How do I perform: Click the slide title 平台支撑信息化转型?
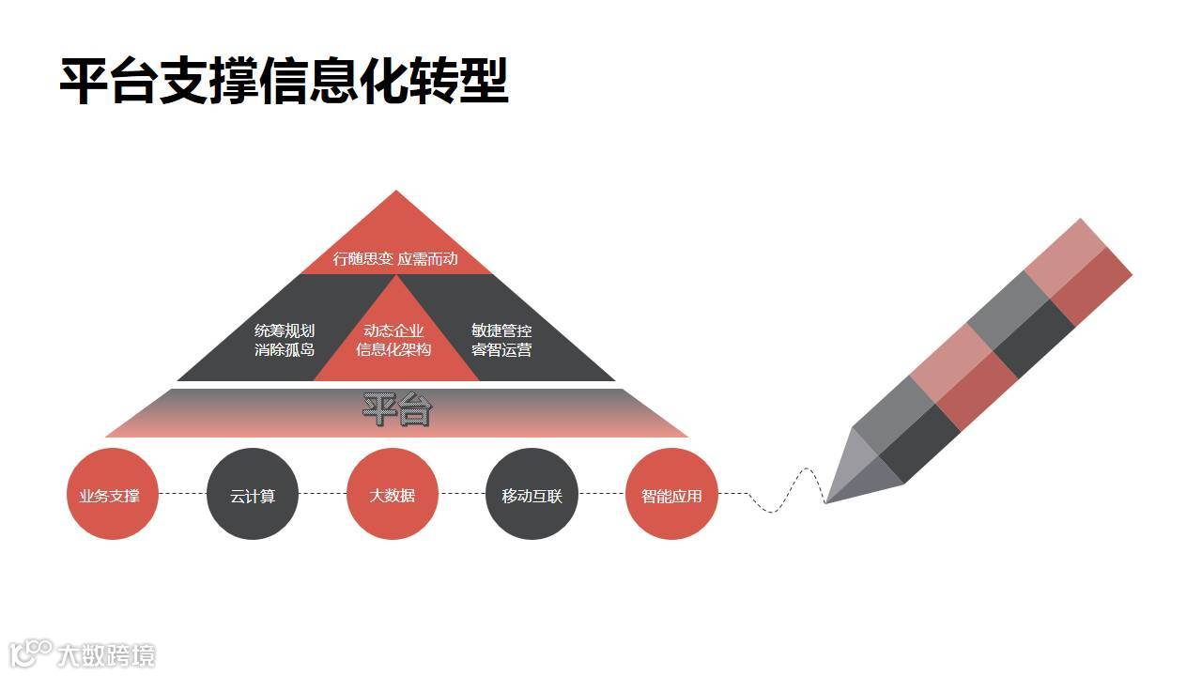284,82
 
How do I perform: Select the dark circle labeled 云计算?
253,495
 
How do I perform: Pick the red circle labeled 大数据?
393,494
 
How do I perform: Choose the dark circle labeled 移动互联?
532,495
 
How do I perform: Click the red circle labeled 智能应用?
671,494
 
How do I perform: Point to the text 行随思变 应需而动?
395,258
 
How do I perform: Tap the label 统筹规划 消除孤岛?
285,340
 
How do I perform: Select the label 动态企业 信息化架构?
393,340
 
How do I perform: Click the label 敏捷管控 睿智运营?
501,340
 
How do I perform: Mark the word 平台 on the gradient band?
397,410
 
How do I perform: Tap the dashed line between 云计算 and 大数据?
322,494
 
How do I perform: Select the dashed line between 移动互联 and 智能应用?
602,494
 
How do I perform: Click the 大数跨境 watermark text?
105,654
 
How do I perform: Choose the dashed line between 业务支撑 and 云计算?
182,494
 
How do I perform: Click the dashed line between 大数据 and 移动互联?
462,494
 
